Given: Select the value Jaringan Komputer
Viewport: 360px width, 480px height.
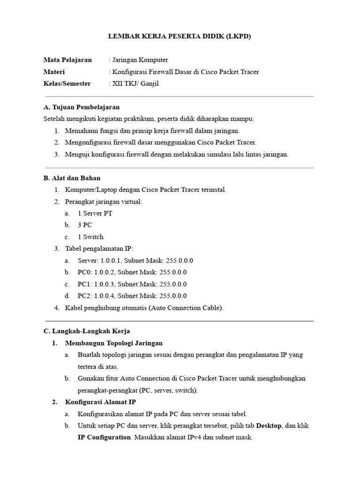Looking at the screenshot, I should click(139, 60).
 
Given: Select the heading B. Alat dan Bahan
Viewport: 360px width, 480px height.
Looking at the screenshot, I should click(72, 178).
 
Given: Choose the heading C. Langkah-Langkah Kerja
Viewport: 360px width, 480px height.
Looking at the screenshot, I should click(87, 331).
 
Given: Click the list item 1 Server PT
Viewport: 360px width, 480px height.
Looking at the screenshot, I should click(95, 213).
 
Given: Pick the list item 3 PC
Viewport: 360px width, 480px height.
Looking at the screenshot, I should click(85, 225).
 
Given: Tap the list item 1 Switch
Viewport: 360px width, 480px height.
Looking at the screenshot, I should click(90, 237).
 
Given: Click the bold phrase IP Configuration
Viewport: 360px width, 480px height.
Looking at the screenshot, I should click(104, 437).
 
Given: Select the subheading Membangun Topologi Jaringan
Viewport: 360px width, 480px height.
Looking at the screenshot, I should click(114, 343).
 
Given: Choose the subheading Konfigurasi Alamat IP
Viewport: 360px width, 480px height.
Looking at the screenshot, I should click(100, 402).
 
